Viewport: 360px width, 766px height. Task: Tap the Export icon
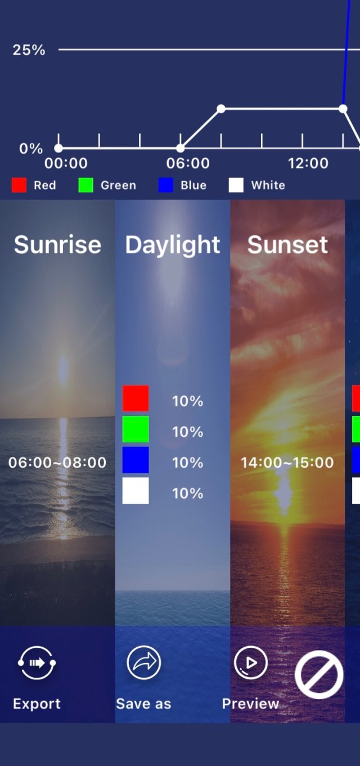pyautogui.click(x=37, y=663)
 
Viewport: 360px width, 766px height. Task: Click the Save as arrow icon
pyautogui.click(x=143, y=662)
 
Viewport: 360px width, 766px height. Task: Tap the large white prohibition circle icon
pyautogui.click(x=319, y=675)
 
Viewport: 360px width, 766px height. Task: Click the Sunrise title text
pyautogui.click(x=57, y=245)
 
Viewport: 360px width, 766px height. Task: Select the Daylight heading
pyautogui.click(x=172, y=245)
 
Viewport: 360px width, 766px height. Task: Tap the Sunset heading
pyautogui.click(x=287, y=245)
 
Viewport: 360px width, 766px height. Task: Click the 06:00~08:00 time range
pyautogui.click(x=57, y=462)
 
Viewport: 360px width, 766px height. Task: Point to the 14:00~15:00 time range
pyautogui.click(x=287, y=462)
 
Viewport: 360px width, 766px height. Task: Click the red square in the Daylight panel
pyautogui.click(x=136, y=398)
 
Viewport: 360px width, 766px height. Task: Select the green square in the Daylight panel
pyautogui.click(x=136, y=429)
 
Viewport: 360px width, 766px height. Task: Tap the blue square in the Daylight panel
pyautogui.click(x=136, y=460)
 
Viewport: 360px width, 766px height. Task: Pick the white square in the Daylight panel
pyautogui.click(x=136, y=490)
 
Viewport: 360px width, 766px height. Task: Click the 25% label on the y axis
pyautogui.click(x=29, y=50)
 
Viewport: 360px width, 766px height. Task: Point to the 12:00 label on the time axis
pyautogui.click(x=308, y=163)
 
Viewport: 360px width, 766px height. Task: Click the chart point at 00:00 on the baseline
pyautogui.click(x=58, y=148)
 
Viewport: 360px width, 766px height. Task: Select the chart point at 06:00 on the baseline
pyautogui.click(x=180, y=148)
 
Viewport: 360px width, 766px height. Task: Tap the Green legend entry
pyautogui.click(x=107, y=185)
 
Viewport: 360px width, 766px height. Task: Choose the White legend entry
pyautogui.click(x=256, y=185)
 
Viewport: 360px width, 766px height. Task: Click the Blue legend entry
pyautogui.click(x=183, y=185)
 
